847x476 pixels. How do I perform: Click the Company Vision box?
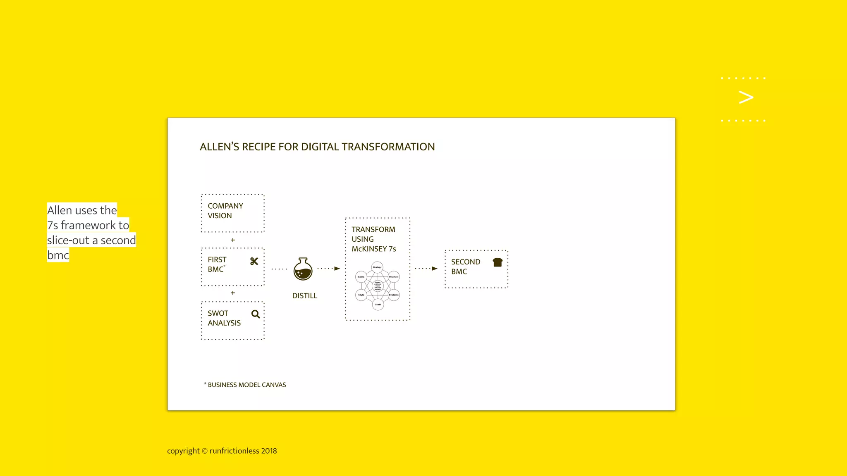pos(232,213)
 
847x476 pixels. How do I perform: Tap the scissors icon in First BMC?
pos(254,261)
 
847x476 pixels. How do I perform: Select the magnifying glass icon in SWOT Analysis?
pos(256,314)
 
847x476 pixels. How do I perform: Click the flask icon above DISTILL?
pos(303,269)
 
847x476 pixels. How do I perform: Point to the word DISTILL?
pos(304,296)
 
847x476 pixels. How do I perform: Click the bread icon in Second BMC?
pos(498,262)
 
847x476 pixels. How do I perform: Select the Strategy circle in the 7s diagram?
pos(377,267)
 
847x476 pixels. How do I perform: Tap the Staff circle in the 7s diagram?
pos(378,305)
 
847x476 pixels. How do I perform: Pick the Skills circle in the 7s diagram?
pos(361,277)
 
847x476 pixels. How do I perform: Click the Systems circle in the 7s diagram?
pos(394,295)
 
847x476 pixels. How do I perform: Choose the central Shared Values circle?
pos(378,286)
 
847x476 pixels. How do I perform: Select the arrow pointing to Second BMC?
pos(426,269)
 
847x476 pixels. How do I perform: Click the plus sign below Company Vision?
pos(233,240)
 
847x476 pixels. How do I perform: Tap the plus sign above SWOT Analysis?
pos(233,293)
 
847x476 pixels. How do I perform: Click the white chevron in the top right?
pos(746,98)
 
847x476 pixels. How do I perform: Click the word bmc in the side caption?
pos(58,255)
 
